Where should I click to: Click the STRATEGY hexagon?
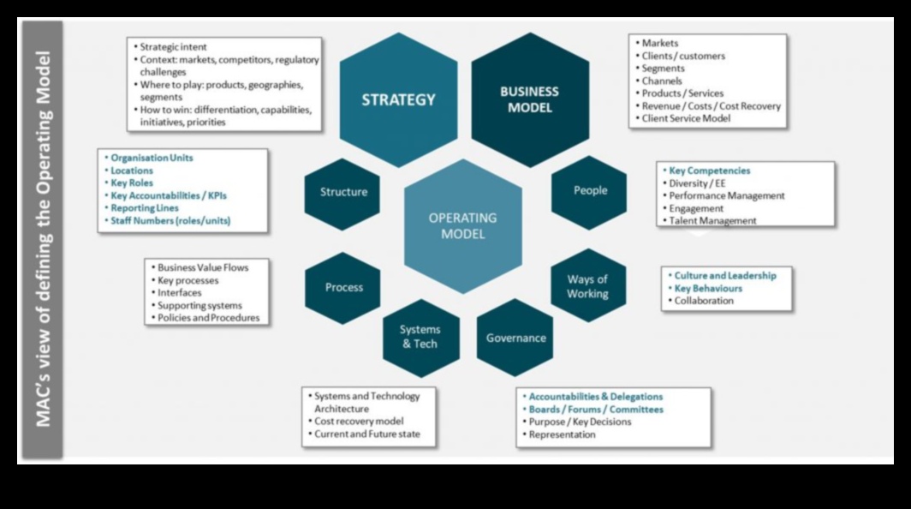[x=398, y=99]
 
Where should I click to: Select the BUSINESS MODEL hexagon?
[x=529, y=99]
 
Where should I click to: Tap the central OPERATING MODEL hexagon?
[x=462, y=226]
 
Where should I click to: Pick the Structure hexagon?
[x=343, y=192]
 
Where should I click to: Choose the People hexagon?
[x=590, y=190]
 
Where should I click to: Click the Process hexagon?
[x=343, y=287]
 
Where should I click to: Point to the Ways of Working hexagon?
[x=587, y=286]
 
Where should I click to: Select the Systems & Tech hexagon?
[x=420, y=337]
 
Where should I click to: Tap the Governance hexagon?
[x=515, y=338]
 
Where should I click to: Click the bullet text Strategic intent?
[x=173, y=47]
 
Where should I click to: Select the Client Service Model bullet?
[x=686, y=118]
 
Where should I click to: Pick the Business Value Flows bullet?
[x=203, y=267]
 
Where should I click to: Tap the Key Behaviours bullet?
[x=708, y=289]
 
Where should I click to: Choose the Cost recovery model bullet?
[x=359, y=422]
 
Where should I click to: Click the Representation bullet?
[x=562, y=434]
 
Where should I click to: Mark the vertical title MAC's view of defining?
[x=43, y=240]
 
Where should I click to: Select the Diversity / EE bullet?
[x=699, y=183]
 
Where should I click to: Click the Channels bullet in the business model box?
[x=662, y=81]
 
